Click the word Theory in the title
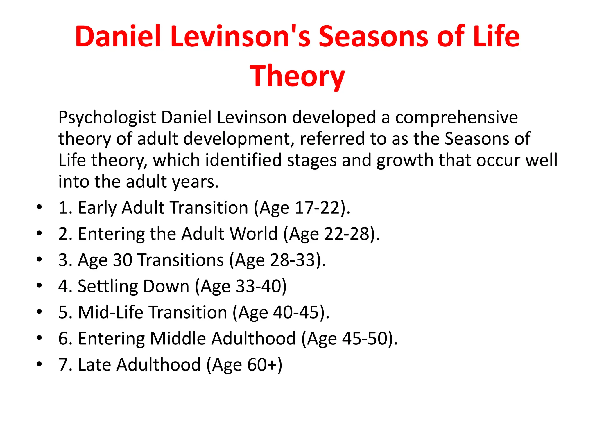(297, 76)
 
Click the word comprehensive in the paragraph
(456, 118)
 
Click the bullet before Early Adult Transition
(39, 207)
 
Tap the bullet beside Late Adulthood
(39, 364)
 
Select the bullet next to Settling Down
(39, 286)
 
